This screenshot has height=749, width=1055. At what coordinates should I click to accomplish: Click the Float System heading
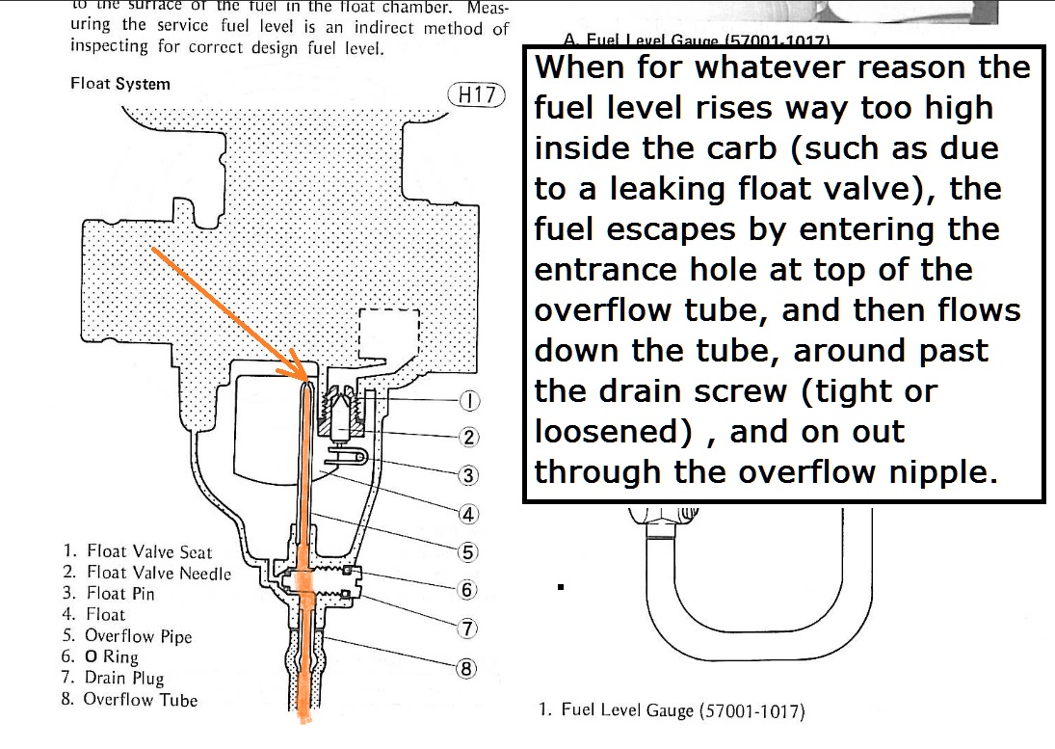click(120, 84)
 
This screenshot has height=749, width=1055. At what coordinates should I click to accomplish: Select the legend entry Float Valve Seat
click(138, 552)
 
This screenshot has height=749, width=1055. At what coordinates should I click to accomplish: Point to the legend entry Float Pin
click(109, 594)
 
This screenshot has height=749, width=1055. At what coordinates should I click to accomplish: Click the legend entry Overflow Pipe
click(128, 636)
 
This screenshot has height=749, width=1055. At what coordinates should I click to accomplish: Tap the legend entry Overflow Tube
click(130, 700)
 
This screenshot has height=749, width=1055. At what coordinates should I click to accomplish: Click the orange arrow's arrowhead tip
click(304, 379)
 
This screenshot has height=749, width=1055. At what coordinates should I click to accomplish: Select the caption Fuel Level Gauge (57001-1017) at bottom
click(672, 711)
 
